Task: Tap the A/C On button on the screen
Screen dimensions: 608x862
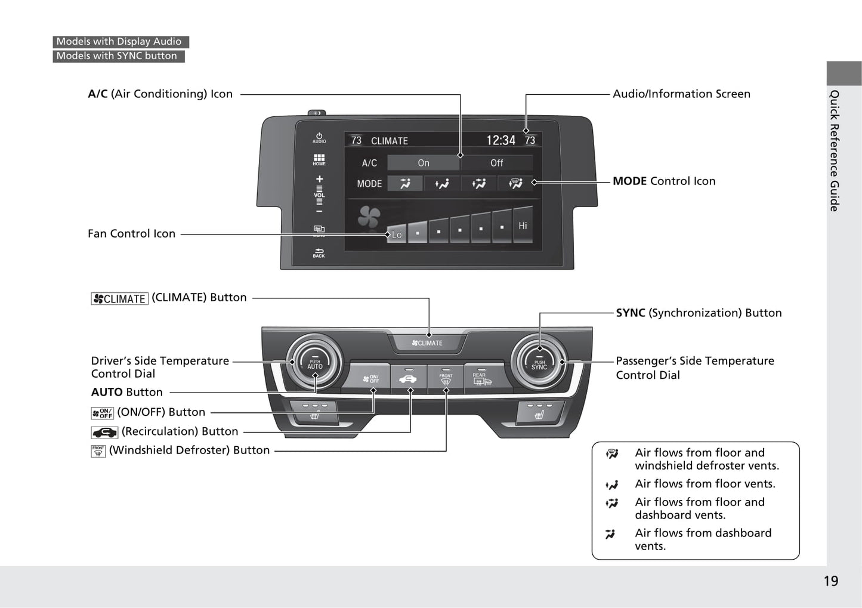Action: coord(424,163)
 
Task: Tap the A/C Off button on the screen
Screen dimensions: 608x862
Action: coord(496,163)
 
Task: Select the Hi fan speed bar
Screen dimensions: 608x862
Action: coord(523,226)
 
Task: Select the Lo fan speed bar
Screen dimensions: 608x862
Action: coord(396,234)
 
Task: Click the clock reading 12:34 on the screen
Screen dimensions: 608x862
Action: coord(500,140)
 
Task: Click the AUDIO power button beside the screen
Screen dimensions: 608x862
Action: coord(319,138)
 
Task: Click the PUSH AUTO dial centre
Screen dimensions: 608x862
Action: coord(315,363)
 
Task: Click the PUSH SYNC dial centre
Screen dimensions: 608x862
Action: coord(539,363)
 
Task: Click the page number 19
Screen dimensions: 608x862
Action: coord(830,581)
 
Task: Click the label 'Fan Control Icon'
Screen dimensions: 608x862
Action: coord(131,234)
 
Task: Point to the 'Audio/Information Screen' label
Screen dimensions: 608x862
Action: coord(681,94)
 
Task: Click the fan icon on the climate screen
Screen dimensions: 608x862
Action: coord(369,217)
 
